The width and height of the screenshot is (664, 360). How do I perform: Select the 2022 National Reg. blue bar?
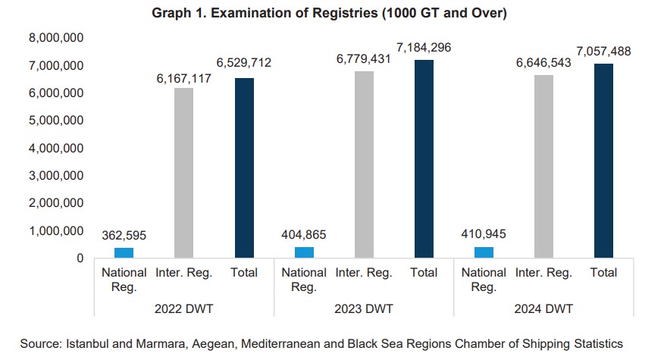tap(124, 253)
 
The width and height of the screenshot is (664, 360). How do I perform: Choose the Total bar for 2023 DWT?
tap(424, 159)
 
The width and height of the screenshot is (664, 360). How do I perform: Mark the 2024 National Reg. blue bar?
tap(484, 252)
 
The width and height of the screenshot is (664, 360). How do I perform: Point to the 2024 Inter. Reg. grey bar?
tap(543, 167)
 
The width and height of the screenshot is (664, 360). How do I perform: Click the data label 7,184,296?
tap(424, 48)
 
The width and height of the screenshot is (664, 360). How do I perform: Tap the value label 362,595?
tap(124, 236)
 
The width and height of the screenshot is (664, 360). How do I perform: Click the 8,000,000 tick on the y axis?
tap(56, 38)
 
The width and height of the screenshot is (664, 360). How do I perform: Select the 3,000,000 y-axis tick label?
tap(56, 176)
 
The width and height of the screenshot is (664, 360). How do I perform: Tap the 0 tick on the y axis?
tap(79, 258)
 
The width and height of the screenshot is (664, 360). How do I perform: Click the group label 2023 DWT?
tap(364, 309)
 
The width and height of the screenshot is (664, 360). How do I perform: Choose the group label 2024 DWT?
tap(543, 309)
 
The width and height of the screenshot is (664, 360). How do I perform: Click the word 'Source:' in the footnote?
tap(42, 343)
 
